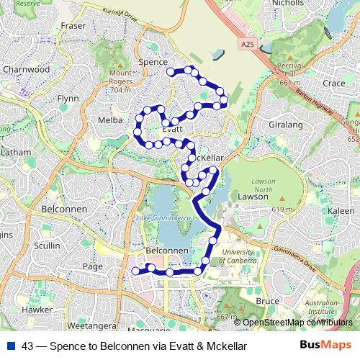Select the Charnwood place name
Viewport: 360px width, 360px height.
point(26,70)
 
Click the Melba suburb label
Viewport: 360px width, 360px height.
point(110,120)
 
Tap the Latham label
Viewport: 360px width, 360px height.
point(16,153)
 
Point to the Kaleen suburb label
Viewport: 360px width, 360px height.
point(341,210)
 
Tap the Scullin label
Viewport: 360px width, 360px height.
point(47,246)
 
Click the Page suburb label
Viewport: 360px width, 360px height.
point(93,266)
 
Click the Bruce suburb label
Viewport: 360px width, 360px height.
point(267,300)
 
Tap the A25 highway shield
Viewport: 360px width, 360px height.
point(247,45)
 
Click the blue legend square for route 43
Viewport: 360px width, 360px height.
point(11,346)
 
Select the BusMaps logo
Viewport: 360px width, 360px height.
point(325,345)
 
